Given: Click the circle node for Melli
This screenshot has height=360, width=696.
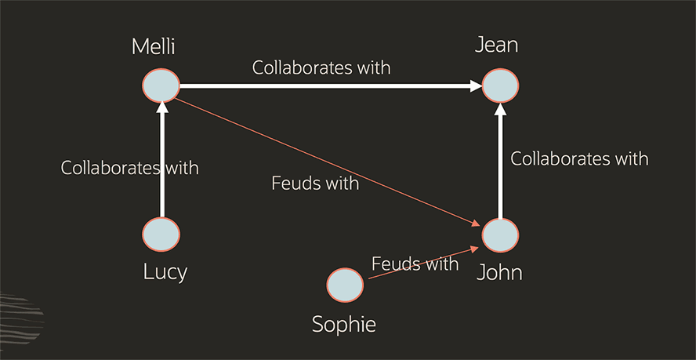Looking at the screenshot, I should tap(161, 85).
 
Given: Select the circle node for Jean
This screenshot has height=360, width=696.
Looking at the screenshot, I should tap(500, 85).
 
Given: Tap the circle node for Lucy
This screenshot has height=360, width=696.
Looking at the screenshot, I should tap(161, 235).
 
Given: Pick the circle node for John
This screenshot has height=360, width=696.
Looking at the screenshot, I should tap(500, 235).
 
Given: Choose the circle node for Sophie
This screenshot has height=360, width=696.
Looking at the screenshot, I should tap(345, 285).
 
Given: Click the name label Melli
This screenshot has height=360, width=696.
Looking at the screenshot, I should tap(154, 46).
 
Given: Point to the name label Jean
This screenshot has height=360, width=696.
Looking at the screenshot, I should tap(497, 45).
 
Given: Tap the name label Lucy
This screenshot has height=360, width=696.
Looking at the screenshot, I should tap(165, 272).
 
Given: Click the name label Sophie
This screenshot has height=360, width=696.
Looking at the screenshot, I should tap(344, 324).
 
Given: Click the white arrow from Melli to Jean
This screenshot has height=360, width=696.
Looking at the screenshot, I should tap(329, 85).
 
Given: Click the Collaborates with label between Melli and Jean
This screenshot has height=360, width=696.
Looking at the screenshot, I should tap(321, 67).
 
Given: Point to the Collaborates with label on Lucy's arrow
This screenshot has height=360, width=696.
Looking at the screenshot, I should tap(130, 167).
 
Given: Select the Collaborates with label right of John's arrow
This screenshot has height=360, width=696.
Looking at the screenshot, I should tap(580, 158).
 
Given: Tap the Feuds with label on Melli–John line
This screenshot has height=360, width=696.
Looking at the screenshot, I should tap(315, 184).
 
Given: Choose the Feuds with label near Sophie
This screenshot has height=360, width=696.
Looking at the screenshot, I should tap(415, 264).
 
